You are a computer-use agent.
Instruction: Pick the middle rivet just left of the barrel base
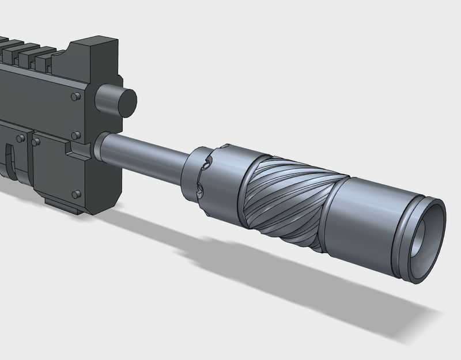(74, 135)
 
